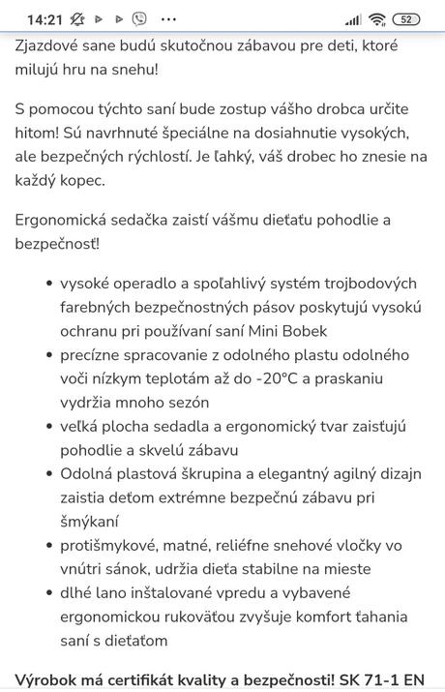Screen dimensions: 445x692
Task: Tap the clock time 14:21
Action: tap(43, 18)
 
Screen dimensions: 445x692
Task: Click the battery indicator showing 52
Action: tap(406, 18)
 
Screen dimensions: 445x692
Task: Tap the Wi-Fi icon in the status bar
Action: tap(377, 18)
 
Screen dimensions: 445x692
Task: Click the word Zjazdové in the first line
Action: tap(52, 45)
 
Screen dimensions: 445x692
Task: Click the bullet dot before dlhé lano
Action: tap(48, 592)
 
